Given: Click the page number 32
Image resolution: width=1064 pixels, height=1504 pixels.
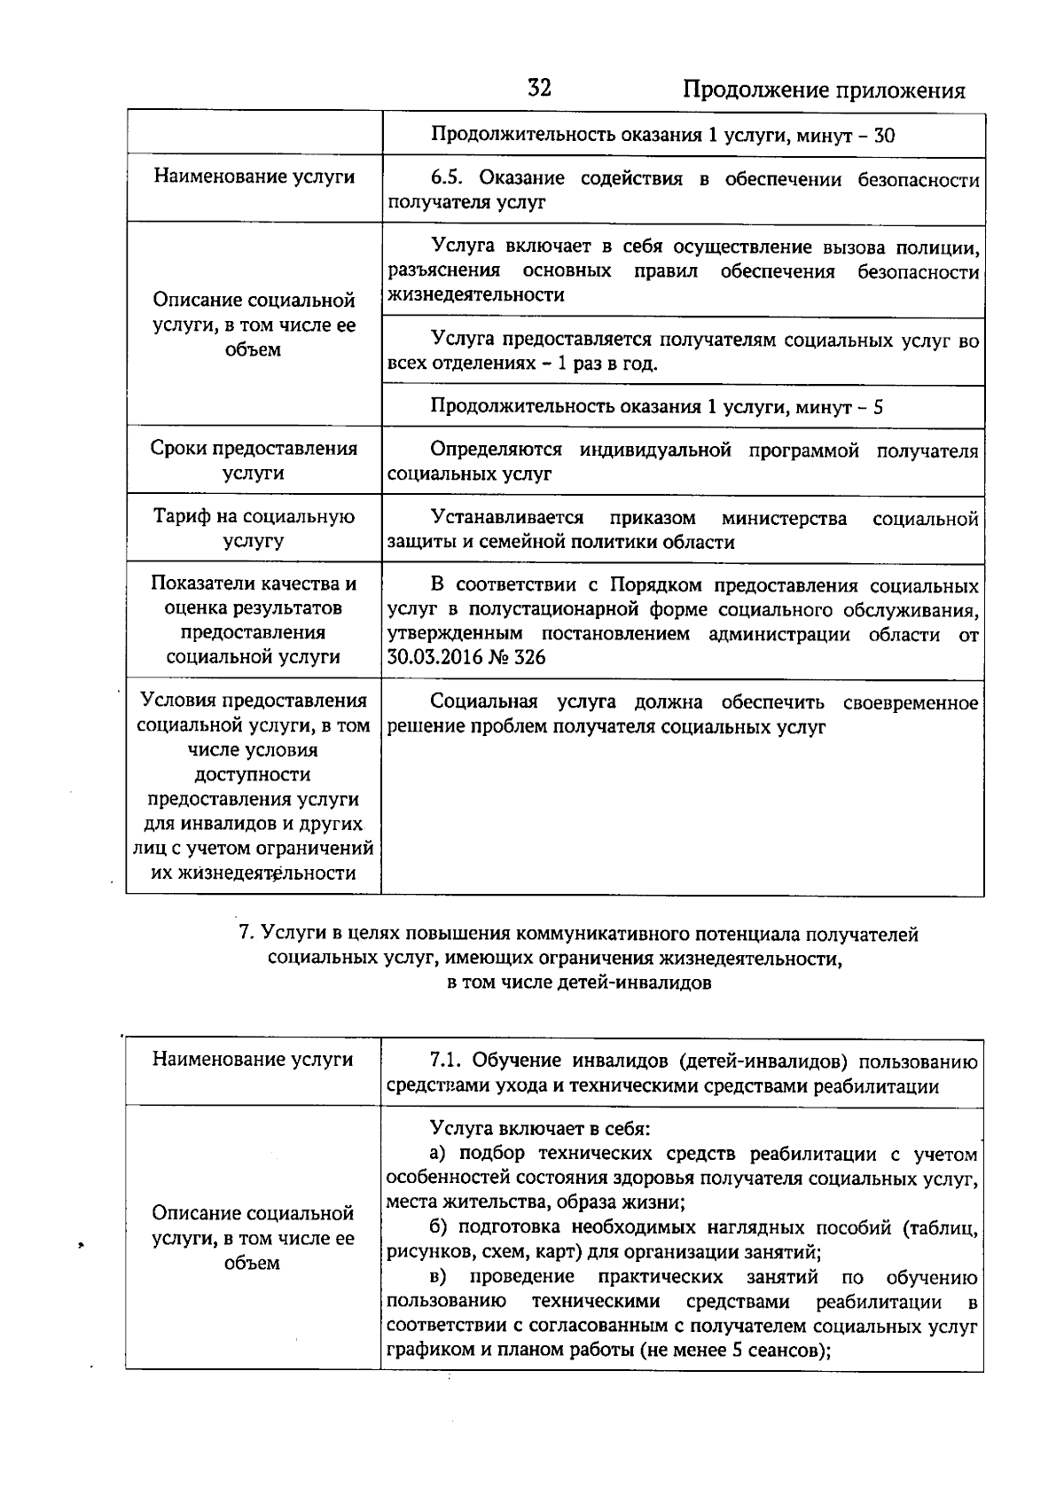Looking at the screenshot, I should pyautogui.click(x=539, y=88).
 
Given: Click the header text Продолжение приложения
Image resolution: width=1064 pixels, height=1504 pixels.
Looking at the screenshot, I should pyautogui.click(x=824, y=90).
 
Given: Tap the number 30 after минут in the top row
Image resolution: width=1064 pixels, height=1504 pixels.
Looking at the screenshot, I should pyautogui.click(x=884, y=136).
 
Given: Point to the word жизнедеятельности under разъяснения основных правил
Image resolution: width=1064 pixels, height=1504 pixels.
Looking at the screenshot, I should pyautogui.click(x=476, y=295).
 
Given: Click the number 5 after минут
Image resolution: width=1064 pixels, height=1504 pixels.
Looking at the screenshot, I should pyautogui.click(x=878, y=407).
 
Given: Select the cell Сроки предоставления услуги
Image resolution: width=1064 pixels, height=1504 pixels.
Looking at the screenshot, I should pyautogui.click(x=254, y=460).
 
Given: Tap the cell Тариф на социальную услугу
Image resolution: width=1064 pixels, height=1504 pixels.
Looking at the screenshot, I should pyautogui.click(x=254, y=528).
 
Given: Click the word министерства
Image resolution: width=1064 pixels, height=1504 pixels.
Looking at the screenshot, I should pyautogui.click(x=784, y=518).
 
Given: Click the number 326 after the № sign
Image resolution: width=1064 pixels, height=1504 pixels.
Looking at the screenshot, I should pyautogui.click(x=529, y=657).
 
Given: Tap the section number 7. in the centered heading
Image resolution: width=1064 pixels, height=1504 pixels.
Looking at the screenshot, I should pyautogui.click(x=247, y=935).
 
